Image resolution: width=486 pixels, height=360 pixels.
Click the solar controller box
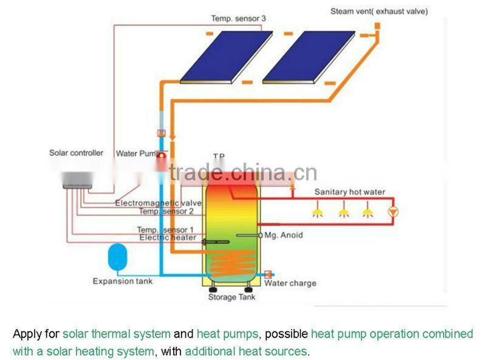point(77,178)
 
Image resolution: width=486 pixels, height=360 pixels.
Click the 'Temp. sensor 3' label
point(238,19)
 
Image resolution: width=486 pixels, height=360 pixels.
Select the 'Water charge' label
point(290,284)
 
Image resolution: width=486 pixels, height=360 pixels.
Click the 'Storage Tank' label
point(232,297)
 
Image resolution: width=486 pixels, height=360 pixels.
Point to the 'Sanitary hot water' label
point(349,192)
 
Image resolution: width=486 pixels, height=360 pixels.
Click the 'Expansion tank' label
point(123,281)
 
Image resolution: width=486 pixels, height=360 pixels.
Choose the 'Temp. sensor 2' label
point(166,211)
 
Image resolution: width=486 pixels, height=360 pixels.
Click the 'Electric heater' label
point(168,237)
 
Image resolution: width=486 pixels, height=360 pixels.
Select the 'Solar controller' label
point(76,153)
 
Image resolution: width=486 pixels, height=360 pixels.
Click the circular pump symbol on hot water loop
point(393,211)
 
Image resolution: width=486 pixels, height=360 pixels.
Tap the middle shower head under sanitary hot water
point(344,212)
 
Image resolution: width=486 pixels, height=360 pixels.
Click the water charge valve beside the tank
point(268,275)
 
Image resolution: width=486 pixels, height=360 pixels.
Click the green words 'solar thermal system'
point(117,334)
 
